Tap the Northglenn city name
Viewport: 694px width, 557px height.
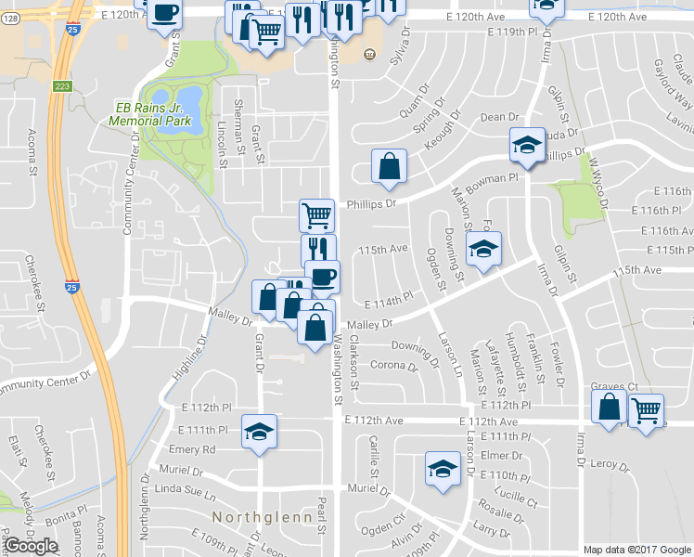coord(258,516)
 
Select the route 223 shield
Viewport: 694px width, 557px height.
coord(62,85)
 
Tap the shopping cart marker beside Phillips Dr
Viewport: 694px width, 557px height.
coord(316,214)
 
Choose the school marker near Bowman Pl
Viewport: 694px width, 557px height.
coord(527,146)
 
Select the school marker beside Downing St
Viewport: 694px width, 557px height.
coord(482,249)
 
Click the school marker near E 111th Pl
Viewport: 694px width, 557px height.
coord(260,431)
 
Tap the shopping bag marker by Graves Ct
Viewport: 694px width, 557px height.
coord(610,408)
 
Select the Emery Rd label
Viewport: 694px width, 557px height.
coord(192,450)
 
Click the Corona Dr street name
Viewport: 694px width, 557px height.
coord(394,366)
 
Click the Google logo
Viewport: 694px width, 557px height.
coord(31,546)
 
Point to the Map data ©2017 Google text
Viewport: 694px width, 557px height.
coord(636,549)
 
